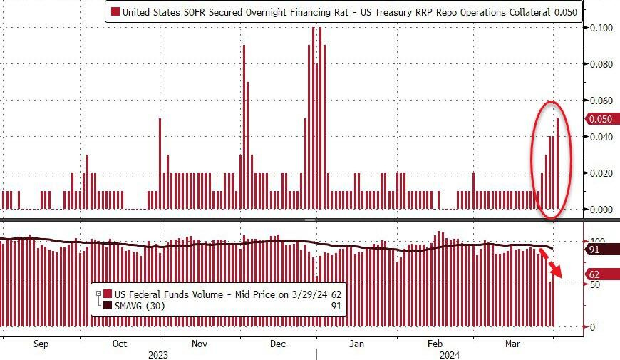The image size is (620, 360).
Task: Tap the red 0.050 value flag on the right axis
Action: pyautogui.click(x=596, y=119)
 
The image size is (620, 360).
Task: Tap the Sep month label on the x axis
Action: pyautogui.click(x=41, y=344)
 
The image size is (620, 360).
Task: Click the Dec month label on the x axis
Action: pyautogui.click(x=278, y=344)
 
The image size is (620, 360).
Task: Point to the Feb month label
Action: pyautogui.click(x=436, y=344)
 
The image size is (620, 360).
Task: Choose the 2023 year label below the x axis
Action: pyautogui.click(x=159, y=354)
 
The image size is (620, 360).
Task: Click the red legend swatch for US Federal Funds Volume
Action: pyautogui.click(x=108, y=294)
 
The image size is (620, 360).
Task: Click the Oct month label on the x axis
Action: pyautogui.click(x=120, y=344)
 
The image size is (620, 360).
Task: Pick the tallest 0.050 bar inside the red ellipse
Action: pyautogui.click(x=557, y=164)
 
